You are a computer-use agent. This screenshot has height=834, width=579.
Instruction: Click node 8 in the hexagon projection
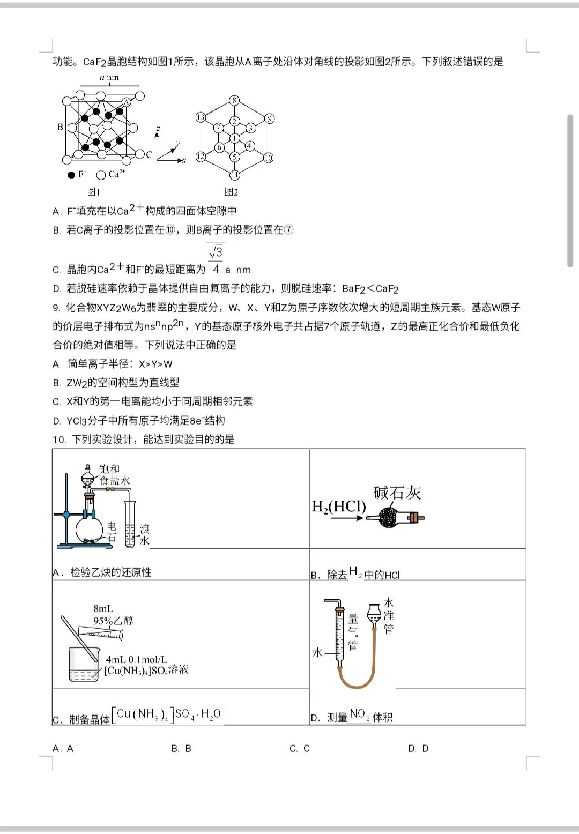point(234,100)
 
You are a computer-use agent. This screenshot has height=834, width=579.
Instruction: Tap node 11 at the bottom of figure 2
point(234,175)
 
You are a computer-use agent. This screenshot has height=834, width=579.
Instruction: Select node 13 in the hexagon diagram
point(201,117)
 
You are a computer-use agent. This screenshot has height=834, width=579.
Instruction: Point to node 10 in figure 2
point(268,158)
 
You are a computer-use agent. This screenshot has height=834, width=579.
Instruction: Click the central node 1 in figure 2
point(234,138)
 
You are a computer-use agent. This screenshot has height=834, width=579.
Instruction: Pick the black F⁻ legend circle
point(71,175)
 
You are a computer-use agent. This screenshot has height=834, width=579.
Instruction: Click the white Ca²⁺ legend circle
point(100,175)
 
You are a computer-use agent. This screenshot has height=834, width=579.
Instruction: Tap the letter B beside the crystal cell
point(60,127)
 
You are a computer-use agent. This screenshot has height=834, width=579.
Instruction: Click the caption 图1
point(94,192)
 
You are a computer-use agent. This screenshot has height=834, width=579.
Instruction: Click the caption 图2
point(231,192)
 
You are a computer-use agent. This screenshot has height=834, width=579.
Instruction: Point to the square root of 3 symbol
point(216,251)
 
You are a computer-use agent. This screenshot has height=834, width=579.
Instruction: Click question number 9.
point(58,308)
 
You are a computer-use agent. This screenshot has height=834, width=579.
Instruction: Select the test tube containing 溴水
point(130,525)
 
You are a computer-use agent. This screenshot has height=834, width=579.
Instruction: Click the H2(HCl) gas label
point(338,507)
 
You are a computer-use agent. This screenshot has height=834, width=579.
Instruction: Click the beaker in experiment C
point(84,665)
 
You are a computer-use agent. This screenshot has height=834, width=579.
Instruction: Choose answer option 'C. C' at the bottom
point(300,748)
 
